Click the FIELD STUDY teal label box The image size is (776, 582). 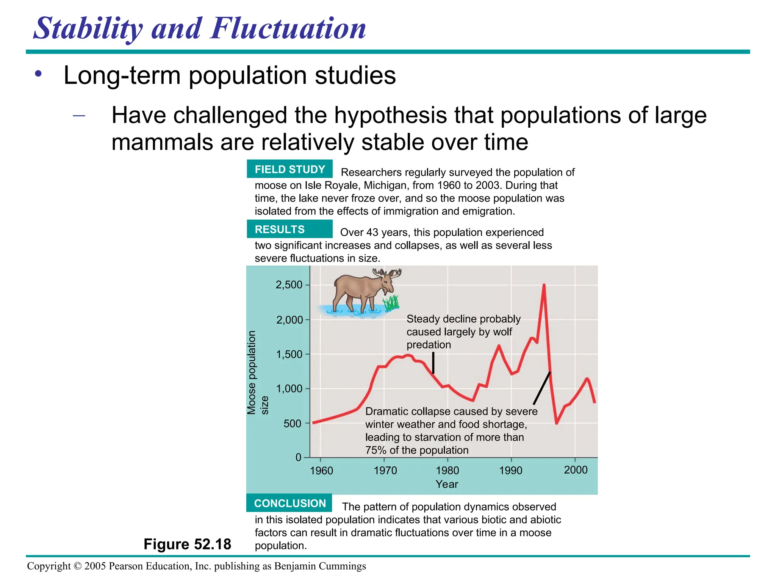click(289, 169)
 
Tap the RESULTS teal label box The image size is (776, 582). click(289, 229)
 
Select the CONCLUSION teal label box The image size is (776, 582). click(289, 503)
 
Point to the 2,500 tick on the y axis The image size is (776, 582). click(289, 285)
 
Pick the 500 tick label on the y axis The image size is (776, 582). click(292, 424)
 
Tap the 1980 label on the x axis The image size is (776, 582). click(447, 471)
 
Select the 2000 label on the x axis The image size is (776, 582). click(576, 470)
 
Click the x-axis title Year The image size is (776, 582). click(447, 484)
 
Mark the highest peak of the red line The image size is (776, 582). click(544, 285)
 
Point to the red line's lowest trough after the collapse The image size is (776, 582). click(557, 423)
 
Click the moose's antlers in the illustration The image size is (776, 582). click(386, 273)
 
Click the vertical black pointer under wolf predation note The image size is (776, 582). click(433, 363)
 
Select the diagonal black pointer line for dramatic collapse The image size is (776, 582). click(542, 388)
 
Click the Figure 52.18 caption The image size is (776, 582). click(187, 544)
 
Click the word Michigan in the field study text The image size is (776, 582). click(385, 185)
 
